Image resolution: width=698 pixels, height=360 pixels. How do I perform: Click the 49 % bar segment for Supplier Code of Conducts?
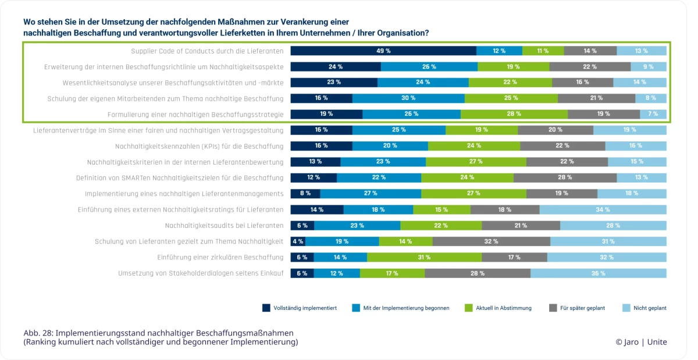click(x=383, y=51)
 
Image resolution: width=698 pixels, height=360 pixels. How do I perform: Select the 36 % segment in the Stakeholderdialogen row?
click(x=598, y=273)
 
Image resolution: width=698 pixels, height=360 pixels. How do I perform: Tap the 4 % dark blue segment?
click(x=298, y=241)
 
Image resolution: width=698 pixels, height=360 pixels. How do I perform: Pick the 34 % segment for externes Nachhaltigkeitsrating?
click(x=603, y=209)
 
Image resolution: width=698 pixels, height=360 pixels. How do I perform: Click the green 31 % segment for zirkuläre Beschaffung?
click(x=424, y=257)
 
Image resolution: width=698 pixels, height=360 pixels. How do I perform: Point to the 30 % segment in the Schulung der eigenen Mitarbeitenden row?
click(x=408, y=98)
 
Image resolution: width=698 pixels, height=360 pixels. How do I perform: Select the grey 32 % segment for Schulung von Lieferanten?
click(x=491, y=241)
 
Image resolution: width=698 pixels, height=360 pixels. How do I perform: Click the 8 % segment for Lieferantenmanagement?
click(x=305, y=194)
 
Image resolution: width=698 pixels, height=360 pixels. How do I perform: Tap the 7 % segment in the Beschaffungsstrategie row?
click(x=653, y=114)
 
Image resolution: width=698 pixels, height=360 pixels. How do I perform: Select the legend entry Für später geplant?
click(x=582, y=308)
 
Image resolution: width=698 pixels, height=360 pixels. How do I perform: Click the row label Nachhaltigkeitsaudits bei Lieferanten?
click(x=224, y=226)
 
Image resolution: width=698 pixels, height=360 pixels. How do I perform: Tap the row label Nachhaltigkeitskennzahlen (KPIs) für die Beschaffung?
click(x=199, y=146)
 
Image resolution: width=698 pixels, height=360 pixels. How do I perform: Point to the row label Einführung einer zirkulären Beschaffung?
click(x=220, y=257)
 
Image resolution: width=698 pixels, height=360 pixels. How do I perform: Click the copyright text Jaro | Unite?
click(x=641, y=342)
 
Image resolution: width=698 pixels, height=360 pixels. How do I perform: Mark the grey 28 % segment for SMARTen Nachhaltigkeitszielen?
click(x=565, y=178)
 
